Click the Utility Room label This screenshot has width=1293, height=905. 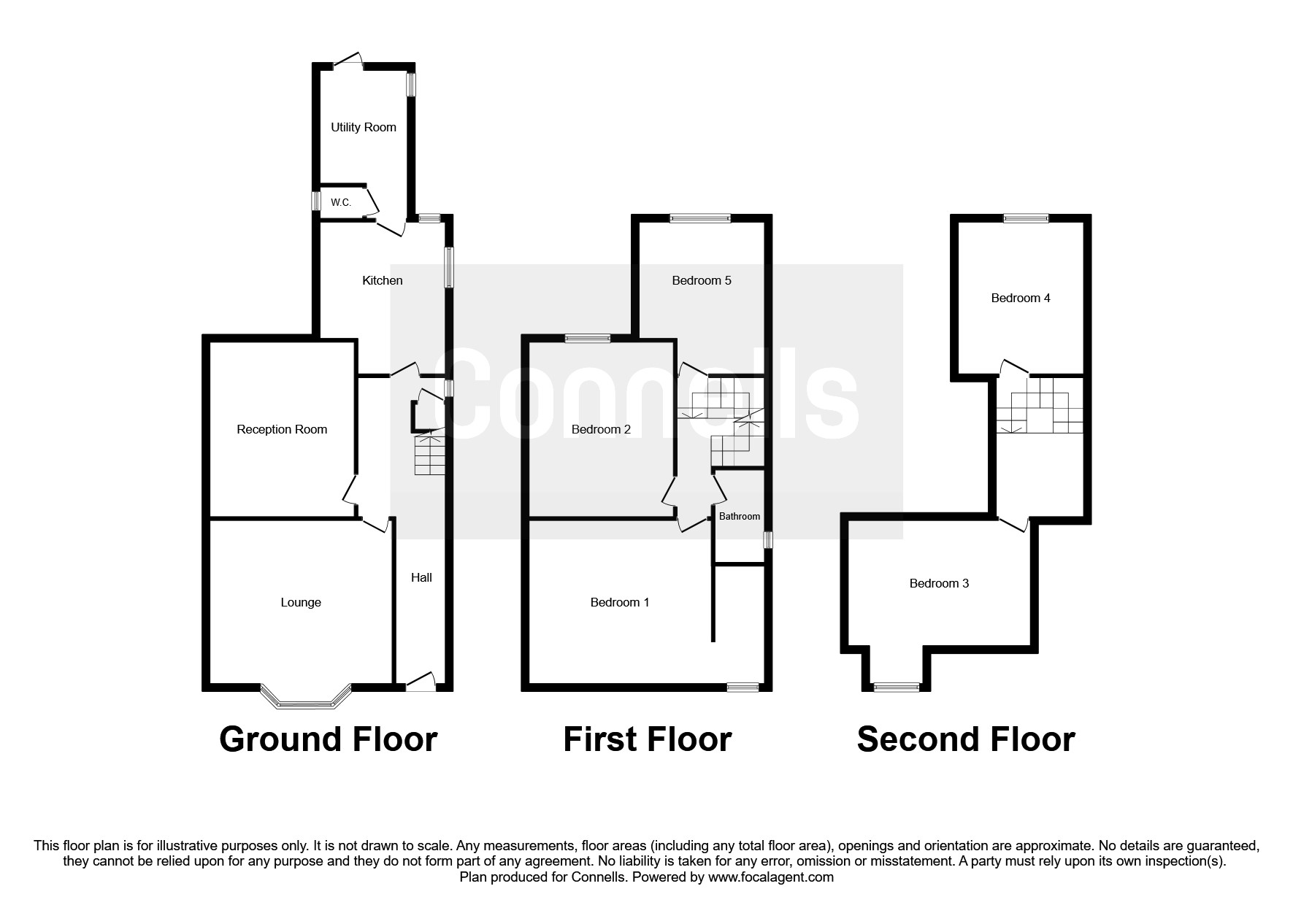pos(363,127)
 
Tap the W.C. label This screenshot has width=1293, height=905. pos(341,202)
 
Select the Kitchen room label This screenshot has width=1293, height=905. pos(382,280)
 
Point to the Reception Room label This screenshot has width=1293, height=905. pos(282,429)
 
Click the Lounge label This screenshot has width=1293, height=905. pos(301,602)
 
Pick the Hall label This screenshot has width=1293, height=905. pos(421,577)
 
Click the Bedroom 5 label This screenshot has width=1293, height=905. pos(701,280)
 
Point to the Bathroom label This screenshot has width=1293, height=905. pos(740,516)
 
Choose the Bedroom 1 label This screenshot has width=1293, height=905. pos(620,602)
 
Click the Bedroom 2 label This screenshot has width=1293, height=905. pos(601,429)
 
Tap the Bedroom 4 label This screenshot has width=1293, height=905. pos(1021,298)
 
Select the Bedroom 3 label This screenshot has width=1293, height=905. pos(939,583)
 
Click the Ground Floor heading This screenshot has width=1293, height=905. pos(328,739)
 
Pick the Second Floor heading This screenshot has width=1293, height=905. pos(965,739)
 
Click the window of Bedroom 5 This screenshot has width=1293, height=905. pos(700,217)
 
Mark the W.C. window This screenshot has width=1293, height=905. pos(316,201)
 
